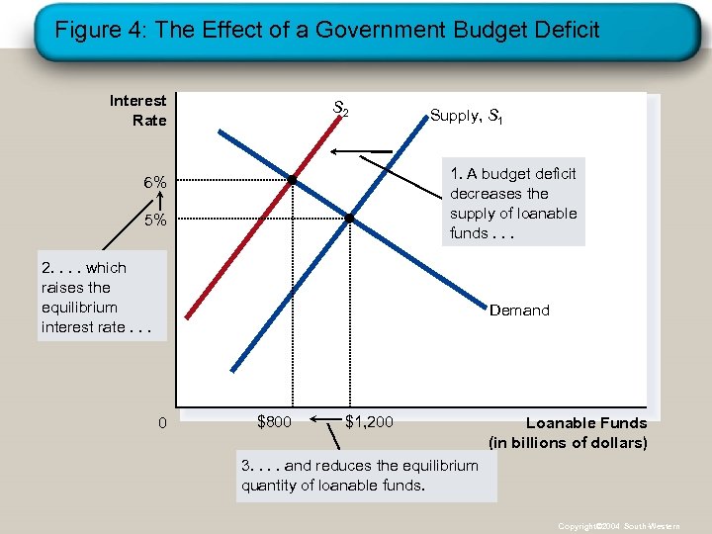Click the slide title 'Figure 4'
[326, 30]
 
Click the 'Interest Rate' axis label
[138, 110]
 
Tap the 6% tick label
[154, 183]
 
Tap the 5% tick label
[154, 220]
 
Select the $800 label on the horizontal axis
[274, 422]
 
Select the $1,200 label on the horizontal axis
[369, 422]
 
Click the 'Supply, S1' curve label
[467, 116]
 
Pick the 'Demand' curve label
[519, 311]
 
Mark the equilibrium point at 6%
[293, 180]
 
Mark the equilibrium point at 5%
[350, 217]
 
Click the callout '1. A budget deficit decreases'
[512, 203]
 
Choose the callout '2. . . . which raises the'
[101, 297]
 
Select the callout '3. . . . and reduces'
[365, 476]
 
